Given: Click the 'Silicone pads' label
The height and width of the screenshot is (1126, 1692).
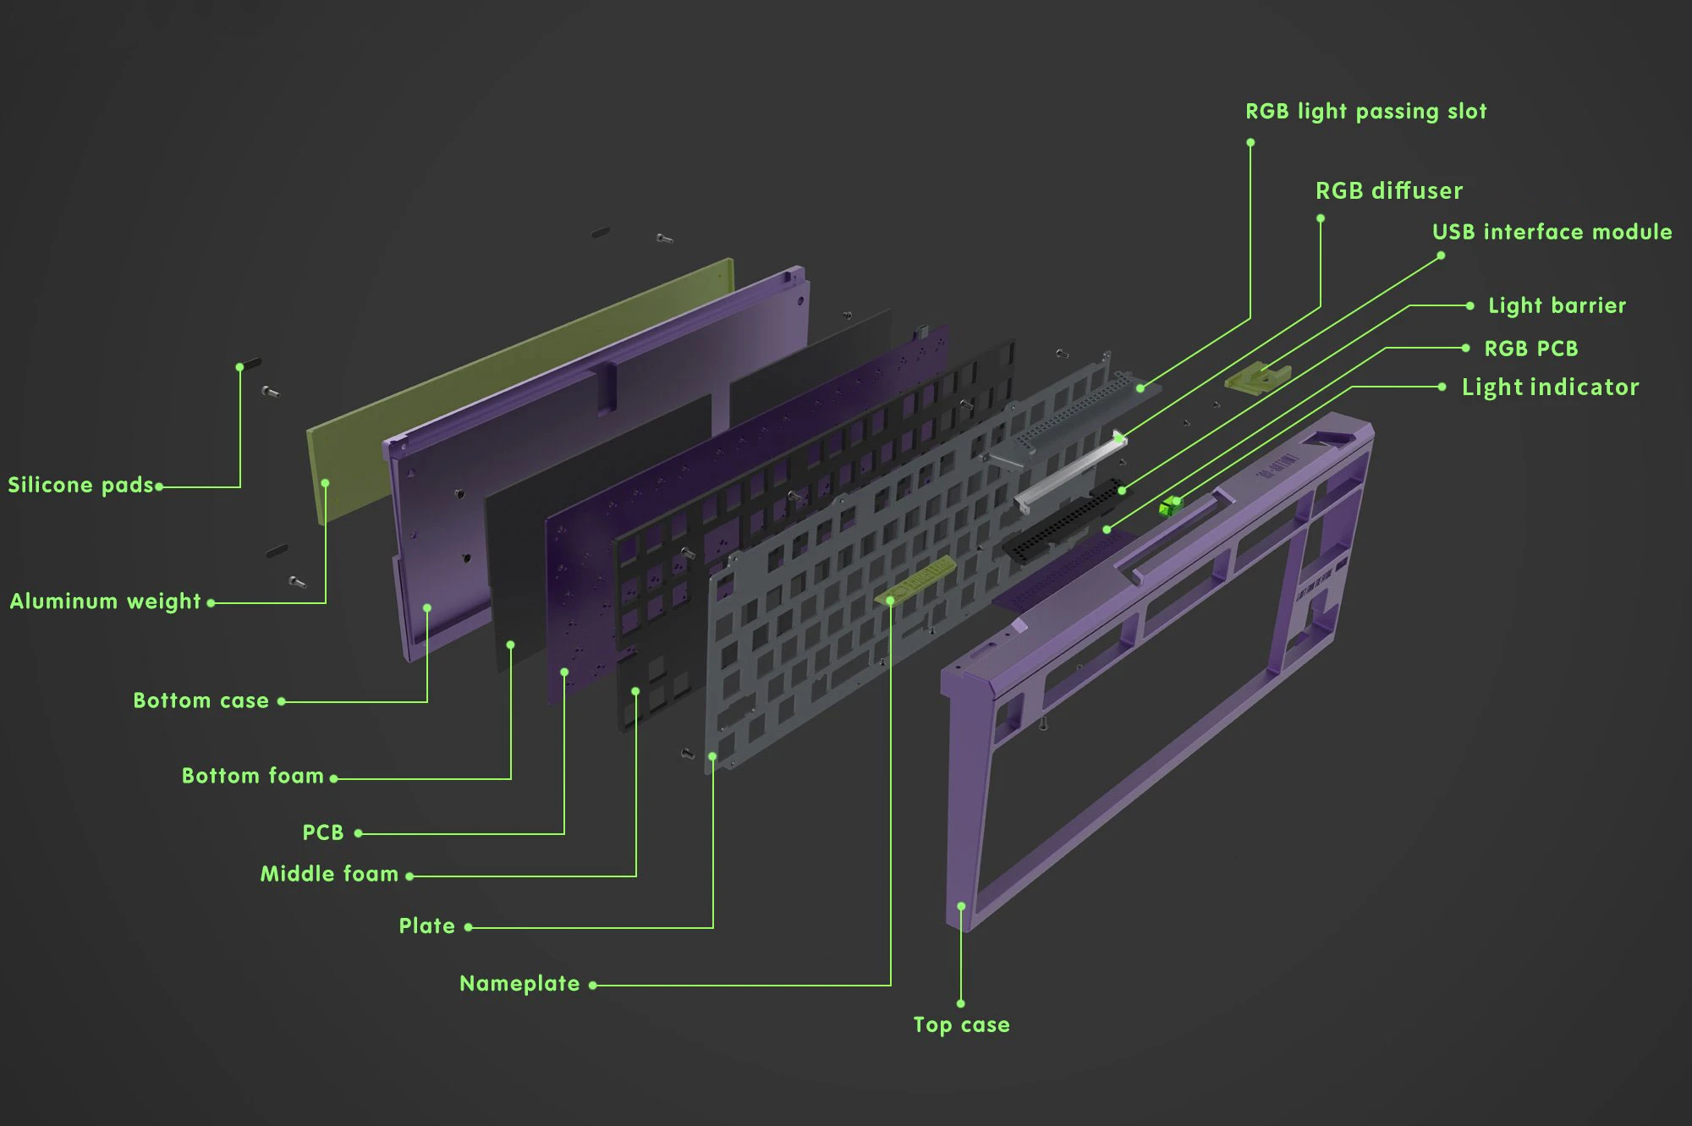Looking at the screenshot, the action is point(80,486).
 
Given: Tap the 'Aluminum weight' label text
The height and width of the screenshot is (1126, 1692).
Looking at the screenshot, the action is point(105,601).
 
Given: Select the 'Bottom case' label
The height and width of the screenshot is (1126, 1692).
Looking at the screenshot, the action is point(201,700).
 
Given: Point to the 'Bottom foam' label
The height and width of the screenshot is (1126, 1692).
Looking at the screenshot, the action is point(252,776).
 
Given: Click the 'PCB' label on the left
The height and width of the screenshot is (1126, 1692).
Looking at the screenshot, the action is point(323,832).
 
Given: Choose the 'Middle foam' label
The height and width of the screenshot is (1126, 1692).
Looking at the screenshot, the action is point(329,874).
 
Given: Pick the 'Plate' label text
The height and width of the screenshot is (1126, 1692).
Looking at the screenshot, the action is point(426,926).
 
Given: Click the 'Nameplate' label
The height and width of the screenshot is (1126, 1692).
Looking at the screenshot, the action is point(519,984).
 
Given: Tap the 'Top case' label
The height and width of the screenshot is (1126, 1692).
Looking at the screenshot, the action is point(961,1025).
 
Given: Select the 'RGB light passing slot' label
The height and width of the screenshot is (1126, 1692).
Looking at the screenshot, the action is point(1365,112).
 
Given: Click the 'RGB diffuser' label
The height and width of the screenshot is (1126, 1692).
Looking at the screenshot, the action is point(1388,191).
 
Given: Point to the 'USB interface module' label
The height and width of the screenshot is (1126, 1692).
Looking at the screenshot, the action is point(1552,232).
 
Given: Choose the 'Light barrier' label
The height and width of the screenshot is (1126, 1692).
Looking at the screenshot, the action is point(1557,305).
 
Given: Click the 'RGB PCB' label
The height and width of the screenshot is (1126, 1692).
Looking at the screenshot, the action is point(1530,349).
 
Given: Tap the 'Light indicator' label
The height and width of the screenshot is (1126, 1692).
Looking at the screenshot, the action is point(1550,387).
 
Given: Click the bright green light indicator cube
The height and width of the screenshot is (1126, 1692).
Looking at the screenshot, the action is point(1170,506).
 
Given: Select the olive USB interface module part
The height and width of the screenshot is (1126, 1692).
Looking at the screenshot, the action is point(1257,377).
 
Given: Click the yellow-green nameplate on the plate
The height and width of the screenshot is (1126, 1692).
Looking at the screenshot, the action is point(915,580).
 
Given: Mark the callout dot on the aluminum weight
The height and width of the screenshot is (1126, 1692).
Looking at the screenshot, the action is point(325,483).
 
